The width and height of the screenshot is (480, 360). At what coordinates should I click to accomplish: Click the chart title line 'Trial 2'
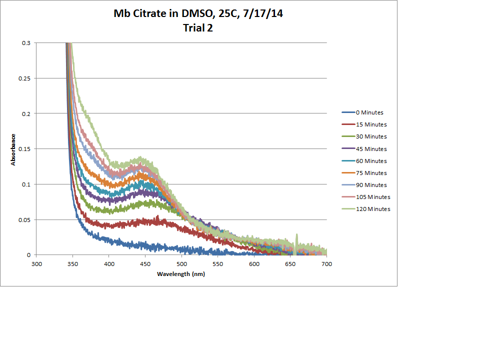[x=198, y=28]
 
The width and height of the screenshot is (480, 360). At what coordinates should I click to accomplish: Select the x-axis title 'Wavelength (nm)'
[x=181, y=274]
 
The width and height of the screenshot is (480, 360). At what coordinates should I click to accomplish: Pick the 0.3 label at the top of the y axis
[x=26, y=43]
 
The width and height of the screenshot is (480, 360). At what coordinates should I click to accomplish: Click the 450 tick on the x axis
[x=145, y=263]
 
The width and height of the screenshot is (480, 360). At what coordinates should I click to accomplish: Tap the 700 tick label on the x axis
[x=326, y=263]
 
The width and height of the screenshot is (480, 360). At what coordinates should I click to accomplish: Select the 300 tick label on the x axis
[x=36, y=263]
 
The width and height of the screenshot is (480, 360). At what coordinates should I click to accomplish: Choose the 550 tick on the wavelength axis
[x=217, y=263]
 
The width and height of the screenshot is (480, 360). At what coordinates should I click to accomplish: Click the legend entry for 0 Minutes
[x=369, y=112]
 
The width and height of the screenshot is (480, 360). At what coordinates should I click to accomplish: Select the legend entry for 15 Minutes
[x=371, y=124]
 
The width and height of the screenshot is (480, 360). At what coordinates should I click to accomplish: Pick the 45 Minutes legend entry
[x=371, y=149]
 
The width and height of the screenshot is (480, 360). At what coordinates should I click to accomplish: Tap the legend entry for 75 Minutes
[x=371, y=173]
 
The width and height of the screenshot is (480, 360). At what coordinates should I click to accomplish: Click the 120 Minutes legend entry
[x=372, y=209]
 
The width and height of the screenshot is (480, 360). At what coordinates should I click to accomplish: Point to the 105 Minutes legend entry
[x=372, y=197]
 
